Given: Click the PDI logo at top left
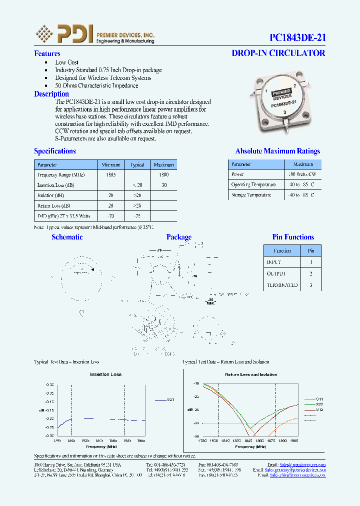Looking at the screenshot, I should click(65, 33).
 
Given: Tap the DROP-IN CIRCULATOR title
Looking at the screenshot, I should click(278, 53).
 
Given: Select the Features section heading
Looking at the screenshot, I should click(47, 53).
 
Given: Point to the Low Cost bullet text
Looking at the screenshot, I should click(67, 62).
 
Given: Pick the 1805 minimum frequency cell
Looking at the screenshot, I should click(111, 174).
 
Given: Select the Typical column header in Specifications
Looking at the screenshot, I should click(137, 164).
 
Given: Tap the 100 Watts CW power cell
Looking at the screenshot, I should click(302, 174).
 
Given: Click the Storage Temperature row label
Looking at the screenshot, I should click(251, 194).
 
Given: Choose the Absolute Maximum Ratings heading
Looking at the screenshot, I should click(277, 151).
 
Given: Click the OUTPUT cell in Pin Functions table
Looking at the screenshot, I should click(275, 273).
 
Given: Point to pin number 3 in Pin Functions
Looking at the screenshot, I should click(311, 285).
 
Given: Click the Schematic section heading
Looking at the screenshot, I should click(67, 237).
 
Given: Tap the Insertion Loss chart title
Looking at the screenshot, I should click(105, 374).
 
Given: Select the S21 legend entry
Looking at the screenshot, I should click(170, 399).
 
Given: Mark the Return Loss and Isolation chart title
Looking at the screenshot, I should click(251, 374).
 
